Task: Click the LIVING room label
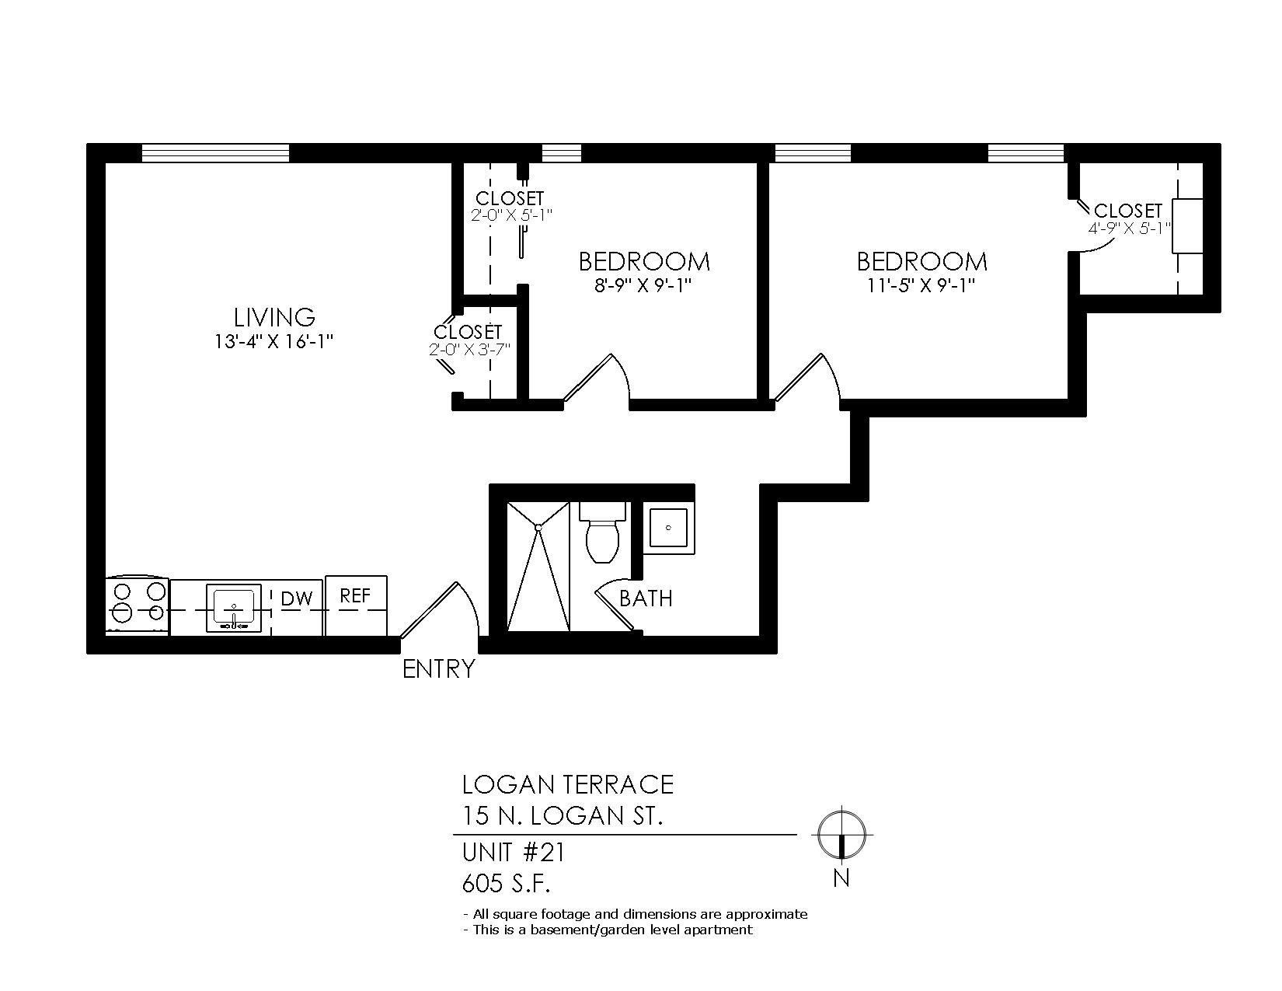point(274,318)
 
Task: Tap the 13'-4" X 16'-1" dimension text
point(274,342)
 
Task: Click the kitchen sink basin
point(234,608)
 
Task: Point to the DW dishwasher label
point(296,599)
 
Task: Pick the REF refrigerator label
point(355,596)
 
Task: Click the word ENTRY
point(438,669)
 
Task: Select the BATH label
point(646,599)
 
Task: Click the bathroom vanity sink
point(668,528)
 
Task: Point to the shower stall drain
point(538,527)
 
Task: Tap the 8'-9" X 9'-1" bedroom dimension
point(643,286)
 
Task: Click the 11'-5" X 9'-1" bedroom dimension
point(921,286)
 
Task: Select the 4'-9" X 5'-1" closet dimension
point(1129,229)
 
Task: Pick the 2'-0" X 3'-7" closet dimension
point(469,350)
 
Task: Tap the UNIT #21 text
point(514,853)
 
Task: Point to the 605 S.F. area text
point(506,885)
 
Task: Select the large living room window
point(215,153)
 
